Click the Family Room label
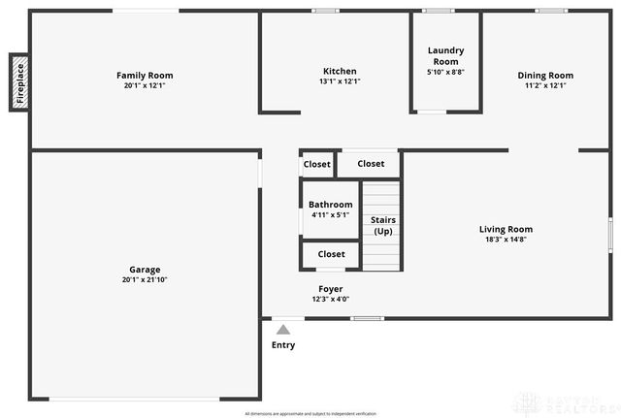pyautogui.click(x=145, y=75)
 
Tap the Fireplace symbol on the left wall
pyautogui.click(x=18, y=82)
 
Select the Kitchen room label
pyautogui.click(x=340, y=71)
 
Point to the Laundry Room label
pyautogui.click(x=445, y=55)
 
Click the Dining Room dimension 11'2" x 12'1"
pyautogui.click(x=545, y=85)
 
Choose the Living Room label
pyautogui.click(x=506, y=229)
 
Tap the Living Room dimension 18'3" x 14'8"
pyautogui.click(x=506, y=240)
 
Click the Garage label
pyautogui.click(x=145, y=270)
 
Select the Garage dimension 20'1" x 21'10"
pyautogui.click(x=145, y=280)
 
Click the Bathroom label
pyautogui.click(x=331, y=205)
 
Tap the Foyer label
pyautogui.click(x=331, y=289)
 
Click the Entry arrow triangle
pyautogui.click(x=283, y=330)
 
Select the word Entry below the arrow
pyautogui.click(x=283, y=345)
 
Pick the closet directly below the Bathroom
pyautogui.click(x=331, y=254)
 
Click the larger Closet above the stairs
pyautogui.click(x=371, y=164)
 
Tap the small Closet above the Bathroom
pyautogui.click(x=317, y=165)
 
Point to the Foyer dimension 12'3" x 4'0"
pyautogui.click(x=331, y=300)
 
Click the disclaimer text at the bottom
pyautogui.click(x=310, y=413)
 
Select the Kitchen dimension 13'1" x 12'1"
pyautogui.click(x=340, y=81)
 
